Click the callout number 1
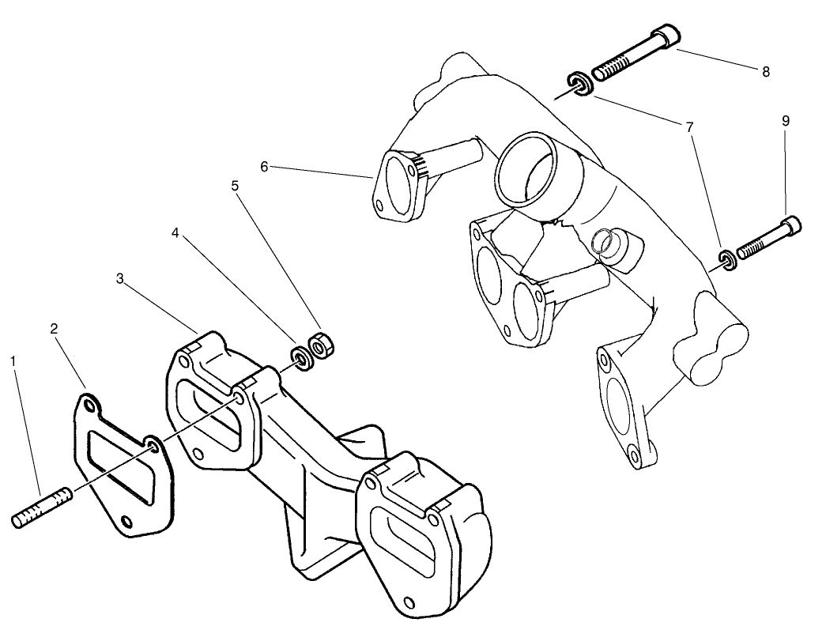tap(13, 360)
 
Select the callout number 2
tap(54, 328)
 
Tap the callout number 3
tap(119, 278)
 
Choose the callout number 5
tap(234, 185)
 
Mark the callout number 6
tap(265, 166)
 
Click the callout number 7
tap(690, 126)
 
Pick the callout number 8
tap(766, 71)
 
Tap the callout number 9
tap(785, 121)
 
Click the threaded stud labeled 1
tap(43, 507)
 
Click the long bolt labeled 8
tap(632, 55)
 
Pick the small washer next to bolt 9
tap(726, 258)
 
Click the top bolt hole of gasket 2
tap(89, 406)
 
